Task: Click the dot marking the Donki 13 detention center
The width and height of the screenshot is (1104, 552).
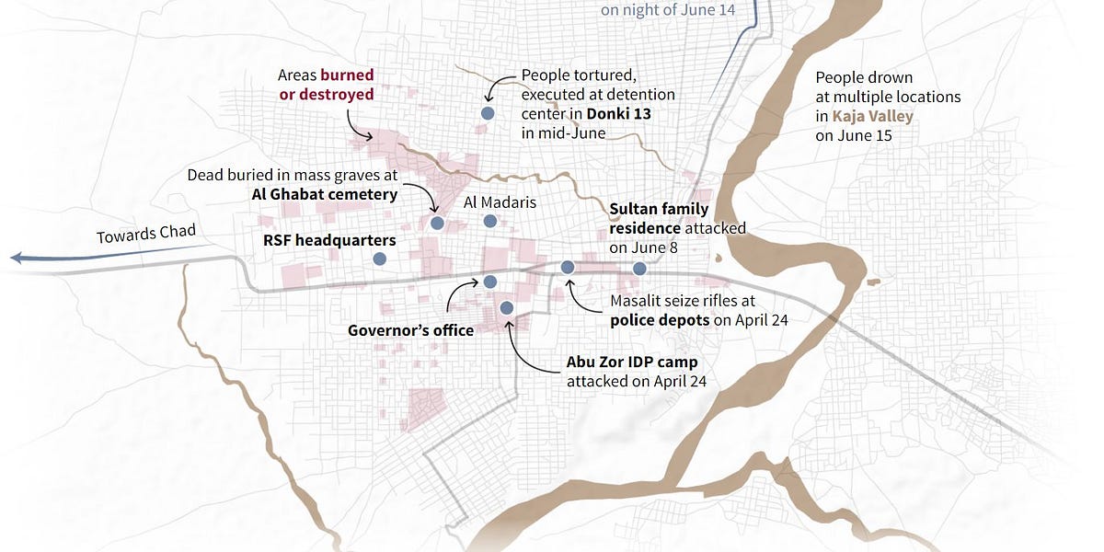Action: click(x=488, y=112)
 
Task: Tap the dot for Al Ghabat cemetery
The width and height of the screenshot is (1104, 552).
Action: click(x=437, y=223)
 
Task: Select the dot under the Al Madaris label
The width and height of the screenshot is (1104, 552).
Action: click(x=490, y=221)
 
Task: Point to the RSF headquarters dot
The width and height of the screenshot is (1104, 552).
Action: click(x=379, y=259)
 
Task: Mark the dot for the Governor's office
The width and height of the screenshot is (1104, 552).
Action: click(x=490, y=282)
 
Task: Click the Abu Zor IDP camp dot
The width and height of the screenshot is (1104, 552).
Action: click(x=505, y=307)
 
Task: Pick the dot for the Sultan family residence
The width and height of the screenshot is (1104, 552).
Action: click(x=639, y=269)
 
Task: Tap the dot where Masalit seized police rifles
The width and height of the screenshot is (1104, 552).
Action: click(x=568, y=267)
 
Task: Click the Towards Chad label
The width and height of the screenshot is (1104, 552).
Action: click(x=146, y=234)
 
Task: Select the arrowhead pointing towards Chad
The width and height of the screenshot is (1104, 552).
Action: click(x=16, y=259)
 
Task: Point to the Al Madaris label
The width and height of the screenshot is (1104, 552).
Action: click(x=500, y=201)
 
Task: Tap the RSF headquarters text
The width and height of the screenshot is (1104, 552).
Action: click(x=329, y=240)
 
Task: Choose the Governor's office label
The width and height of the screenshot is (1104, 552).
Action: click(x=410, y=330)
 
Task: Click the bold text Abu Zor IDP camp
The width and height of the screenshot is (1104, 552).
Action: click(x=632, y=362)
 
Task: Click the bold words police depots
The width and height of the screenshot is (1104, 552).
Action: click(x=659, y=319)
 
